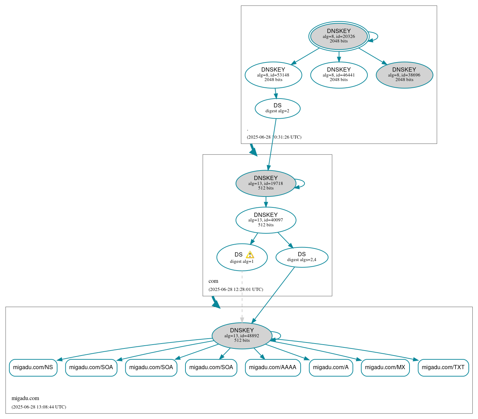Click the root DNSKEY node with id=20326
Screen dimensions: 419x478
point(339,36)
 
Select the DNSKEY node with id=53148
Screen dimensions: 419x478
point(273,75)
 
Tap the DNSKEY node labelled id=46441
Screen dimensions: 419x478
point(339,75)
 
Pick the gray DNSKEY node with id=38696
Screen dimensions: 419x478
point(404,75)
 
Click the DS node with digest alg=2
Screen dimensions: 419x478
point(277,108)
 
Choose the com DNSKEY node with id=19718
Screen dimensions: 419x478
point(266,183)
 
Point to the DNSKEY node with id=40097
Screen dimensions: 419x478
point(266,220)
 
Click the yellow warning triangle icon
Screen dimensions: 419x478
point(250,255)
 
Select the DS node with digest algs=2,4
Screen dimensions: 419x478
point(302,257)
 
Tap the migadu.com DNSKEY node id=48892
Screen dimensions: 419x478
point(242,336)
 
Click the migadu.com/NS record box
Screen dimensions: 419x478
point(33,367)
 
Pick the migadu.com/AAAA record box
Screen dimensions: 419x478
point(273,367)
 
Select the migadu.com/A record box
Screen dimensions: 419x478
point(330,367)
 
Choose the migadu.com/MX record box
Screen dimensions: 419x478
point(385,367)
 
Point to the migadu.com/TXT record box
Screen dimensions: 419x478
point(443,367)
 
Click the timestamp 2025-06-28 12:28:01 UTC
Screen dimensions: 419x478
point(236,290)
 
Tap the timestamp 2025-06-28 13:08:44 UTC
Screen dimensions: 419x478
point(39,407)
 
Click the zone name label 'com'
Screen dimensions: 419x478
point(213,281)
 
